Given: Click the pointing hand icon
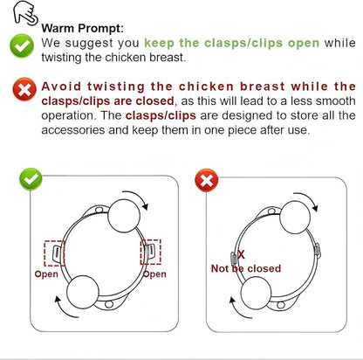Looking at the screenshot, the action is (x=25, y=12).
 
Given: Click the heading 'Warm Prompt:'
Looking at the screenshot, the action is (x=82, y=29).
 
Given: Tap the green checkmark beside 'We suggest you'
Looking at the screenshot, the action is (x=22, y=45).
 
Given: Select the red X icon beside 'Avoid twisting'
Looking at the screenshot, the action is (x=24, y=89).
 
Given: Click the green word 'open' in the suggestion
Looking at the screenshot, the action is (x=304, y=44).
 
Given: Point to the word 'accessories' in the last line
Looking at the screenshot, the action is (x=73, y=130).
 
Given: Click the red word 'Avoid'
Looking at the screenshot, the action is (x=61, y=87).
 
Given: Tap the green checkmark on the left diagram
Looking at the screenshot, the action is (x=31, y=179).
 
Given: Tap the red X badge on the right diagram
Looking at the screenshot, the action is (x=207, y=180).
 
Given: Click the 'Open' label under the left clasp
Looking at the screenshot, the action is (x=46, y=274).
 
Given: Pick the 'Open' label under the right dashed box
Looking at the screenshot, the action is (x=154, y=274).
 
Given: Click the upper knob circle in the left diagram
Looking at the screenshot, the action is (x=124, y=216).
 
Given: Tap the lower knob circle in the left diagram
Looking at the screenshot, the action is (x=83, y=292).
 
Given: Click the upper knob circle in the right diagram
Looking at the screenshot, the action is (x=295, y=217).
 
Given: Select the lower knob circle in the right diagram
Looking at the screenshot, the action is (x=256, y=293).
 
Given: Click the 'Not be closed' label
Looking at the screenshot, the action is (x=246, y=268).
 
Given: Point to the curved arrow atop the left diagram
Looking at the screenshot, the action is (x=139, y=195).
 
